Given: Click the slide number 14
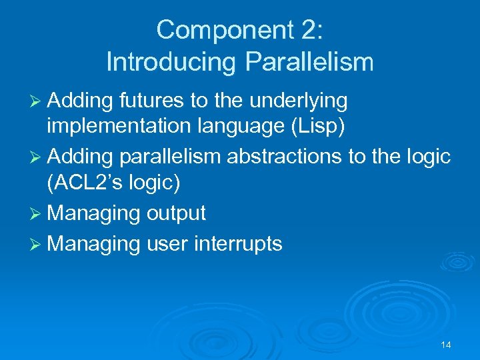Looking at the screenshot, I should tap(446, 345).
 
